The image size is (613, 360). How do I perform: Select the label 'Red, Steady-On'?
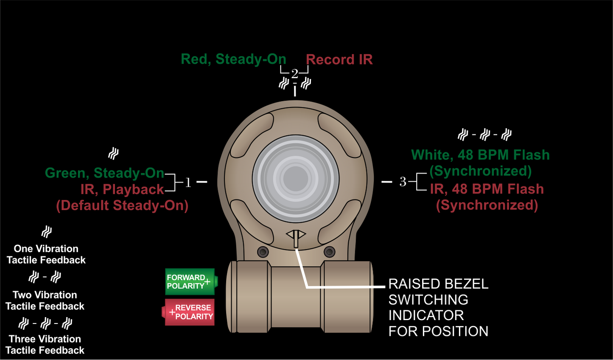pyautogui.click(x=233, y=59)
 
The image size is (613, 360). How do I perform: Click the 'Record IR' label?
pyautogui.click(x=339, y=60)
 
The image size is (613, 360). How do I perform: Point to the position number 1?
pyautogui.click(x=188, y=183)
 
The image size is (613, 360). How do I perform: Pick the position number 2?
pyautogui.click(x=294, y=74)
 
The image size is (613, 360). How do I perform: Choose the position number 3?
pyautogui.click(x=403, y=182)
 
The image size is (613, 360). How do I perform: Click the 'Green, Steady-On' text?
pyautogui.click(x=104, y=173)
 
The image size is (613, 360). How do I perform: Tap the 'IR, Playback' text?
pyautogui.click(x=122, y=189)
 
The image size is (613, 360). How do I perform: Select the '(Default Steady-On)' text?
pyautogui.click(x=122, y=205)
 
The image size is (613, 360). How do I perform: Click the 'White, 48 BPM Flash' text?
pyautogui.click(x=480, y=155)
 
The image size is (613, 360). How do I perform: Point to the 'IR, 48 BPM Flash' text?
pyautogui.click(x=487, y=189)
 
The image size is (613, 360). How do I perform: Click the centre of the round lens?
pyautogui.click(x=296, y=178)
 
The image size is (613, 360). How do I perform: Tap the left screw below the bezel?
pyautogui.click(x=263, y=252)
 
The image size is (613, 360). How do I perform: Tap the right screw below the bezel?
pyautogui.click(x=329, y=252)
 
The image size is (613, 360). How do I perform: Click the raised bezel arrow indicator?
pyautogui.click(x=296, y=236)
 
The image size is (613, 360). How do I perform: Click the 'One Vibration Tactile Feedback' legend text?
pyautogui.click(x=46, y=254)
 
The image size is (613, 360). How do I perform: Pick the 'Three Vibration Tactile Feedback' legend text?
pyautogui.click(x=45, y=345)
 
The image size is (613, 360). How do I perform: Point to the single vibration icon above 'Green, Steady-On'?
pyautogui.click(x=113, y=153)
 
